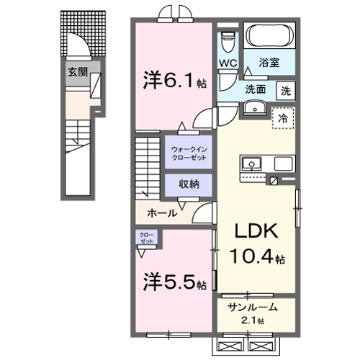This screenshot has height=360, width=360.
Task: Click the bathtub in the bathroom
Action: coord(269,36)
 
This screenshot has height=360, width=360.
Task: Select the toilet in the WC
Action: coord(228,40)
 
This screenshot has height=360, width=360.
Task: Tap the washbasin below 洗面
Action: coord(254,109)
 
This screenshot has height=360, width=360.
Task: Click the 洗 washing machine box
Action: coord(287,91)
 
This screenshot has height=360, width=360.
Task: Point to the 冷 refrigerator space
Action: coord(283,117)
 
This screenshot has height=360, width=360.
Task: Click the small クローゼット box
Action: coord(146,239)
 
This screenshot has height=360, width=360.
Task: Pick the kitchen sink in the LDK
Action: coord(253,162)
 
